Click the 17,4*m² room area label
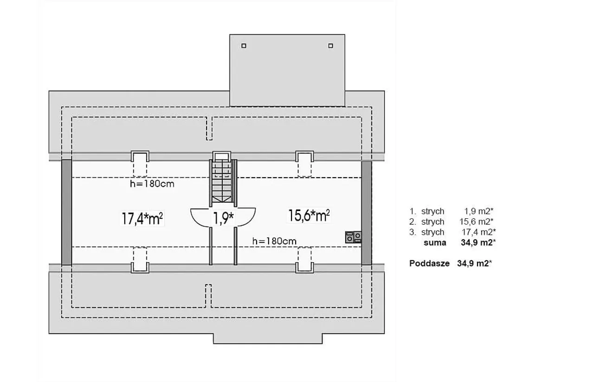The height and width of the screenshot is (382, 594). [142, 218]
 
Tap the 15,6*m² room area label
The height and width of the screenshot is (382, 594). [309, 216]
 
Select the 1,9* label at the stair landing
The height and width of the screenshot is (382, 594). [224, 218]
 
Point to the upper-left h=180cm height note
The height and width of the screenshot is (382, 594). [152, 184]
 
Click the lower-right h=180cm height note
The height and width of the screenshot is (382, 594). [274, 241]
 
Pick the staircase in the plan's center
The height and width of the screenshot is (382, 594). [223, 181]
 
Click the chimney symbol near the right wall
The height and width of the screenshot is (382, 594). [353, 237]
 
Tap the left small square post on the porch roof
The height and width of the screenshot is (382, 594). [244, 46]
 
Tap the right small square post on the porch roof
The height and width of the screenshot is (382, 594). [331, 46]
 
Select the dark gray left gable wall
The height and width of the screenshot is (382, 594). [66, 212]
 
